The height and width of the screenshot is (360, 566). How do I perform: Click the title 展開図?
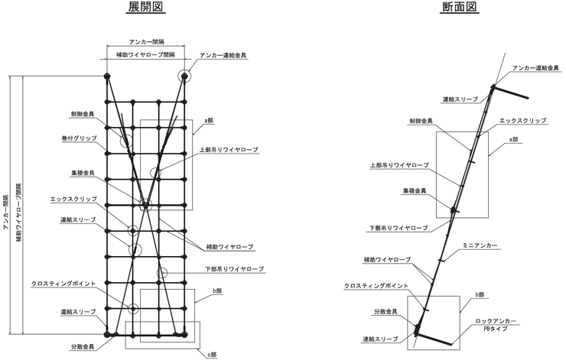pyautogui.click(x=146, y=6)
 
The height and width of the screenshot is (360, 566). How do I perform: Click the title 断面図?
pyautogui.click(x=460, y=6)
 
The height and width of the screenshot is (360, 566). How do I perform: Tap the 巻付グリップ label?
pyautogui.click(x=79, y=138)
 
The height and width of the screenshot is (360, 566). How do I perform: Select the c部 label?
pyautogui.click(x=212, y=355)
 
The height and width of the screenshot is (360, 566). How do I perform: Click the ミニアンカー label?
pyautogui.click(x=480, y=245)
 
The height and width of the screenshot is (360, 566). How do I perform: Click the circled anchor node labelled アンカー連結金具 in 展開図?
pyautogui.click(x=184, y=76)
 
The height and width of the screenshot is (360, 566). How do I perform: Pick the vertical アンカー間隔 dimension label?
pyautogui.click(x=6, y=212)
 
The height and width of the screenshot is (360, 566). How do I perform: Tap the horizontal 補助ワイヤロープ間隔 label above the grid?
pyautogui.click(x=145, y=55)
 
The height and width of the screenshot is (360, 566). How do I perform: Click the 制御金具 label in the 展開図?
pyautogui.click(x=83, y=115)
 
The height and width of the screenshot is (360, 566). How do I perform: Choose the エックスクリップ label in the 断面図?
pyautogui.click(x=522, y=121)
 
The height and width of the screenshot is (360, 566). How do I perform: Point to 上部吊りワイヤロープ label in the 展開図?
pyautogui.click(x=229, y=149)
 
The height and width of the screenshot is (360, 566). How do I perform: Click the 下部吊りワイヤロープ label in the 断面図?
pyautogui.click(x=398, y=228)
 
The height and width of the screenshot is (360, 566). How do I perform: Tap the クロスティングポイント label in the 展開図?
pyautogui.click(x=63, y=284)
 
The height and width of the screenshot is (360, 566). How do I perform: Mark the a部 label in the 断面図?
pyautogui.click(x=513, y=139)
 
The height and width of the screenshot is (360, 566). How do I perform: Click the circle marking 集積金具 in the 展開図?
pyautogui.click(x=145, y=205)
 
